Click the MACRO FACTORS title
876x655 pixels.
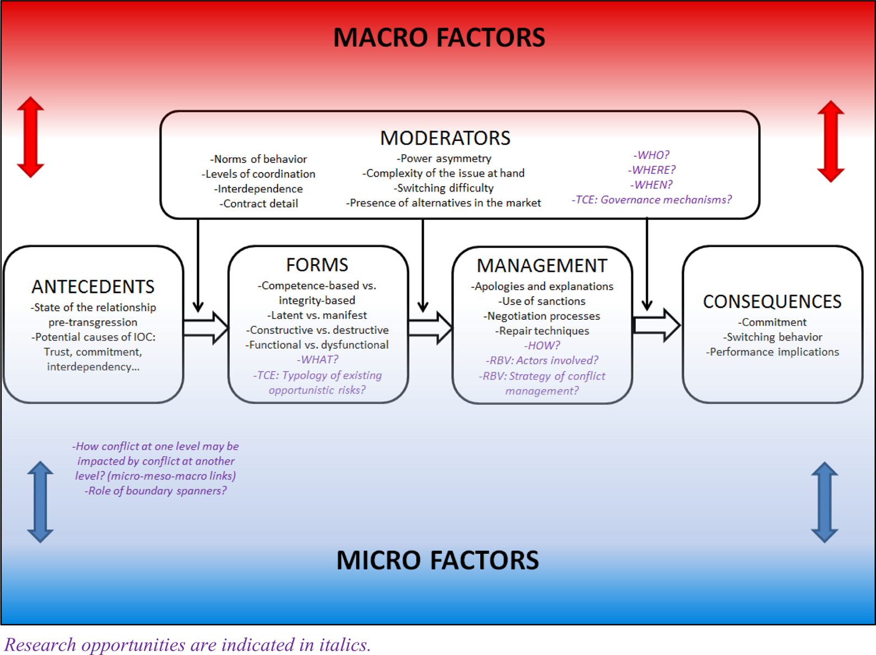[x=439, y=37]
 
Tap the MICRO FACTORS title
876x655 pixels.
[x=438, y=560]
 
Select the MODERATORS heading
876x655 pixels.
[x=445, y=138]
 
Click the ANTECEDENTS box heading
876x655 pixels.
[x=93, y=287]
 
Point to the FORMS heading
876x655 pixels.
[x=317, y=265]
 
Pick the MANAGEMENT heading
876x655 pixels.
[x=542, y=265]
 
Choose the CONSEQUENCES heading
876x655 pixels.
[x=772, y=302]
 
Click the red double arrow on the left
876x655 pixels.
[x=30, y=137]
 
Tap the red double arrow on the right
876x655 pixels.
[x=831, y=141]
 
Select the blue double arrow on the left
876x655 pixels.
[x=40, y=502]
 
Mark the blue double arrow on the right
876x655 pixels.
[x=825, y=503]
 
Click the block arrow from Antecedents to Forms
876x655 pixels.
[x=206, y=327]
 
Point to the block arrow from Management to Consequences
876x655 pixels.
[x=657, y=325]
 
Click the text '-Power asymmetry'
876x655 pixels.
[x=444, y=159]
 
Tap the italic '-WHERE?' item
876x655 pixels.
[x=652, y=170]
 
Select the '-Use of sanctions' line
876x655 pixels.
[x=542, y=301]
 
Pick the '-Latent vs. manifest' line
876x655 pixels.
[x=317, y=315]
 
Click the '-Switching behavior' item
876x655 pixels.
[x=772, y=337]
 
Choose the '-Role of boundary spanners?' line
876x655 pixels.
[x=156, y=490]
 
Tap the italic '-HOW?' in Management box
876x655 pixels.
[x=542, y=345]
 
